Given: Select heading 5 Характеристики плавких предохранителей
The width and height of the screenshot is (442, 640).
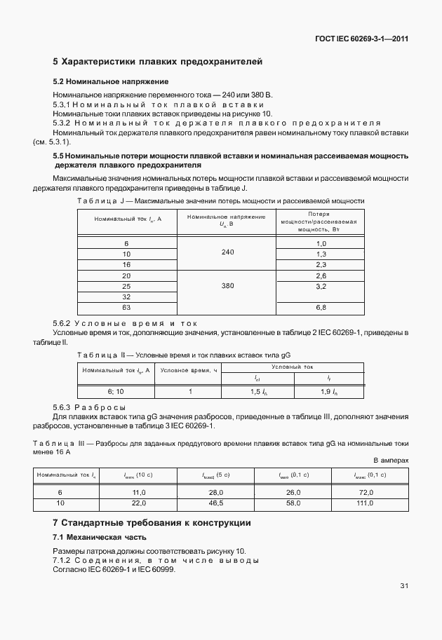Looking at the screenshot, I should pos(158,62).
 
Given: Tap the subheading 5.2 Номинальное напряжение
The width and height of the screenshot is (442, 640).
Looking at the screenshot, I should pos(111,81).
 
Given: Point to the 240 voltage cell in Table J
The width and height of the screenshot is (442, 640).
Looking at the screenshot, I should pos(227,252).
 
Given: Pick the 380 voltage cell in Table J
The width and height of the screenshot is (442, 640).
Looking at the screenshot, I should pos(227,286).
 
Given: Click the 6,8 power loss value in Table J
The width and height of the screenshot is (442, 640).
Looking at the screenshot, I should pos(321,307).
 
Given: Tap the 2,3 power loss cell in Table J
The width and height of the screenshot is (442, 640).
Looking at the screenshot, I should pos(321,264).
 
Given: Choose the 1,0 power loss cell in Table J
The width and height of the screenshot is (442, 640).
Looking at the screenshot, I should pos(321,243).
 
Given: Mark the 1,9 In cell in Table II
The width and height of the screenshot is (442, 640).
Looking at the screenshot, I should pos(329,392).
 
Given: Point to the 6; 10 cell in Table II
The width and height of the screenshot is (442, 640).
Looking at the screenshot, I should pos(116,392).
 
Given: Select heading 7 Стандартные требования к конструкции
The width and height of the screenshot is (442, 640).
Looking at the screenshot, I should pos(152,523).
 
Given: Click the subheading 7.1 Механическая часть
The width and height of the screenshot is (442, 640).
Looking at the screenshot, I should pos(100,537).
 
